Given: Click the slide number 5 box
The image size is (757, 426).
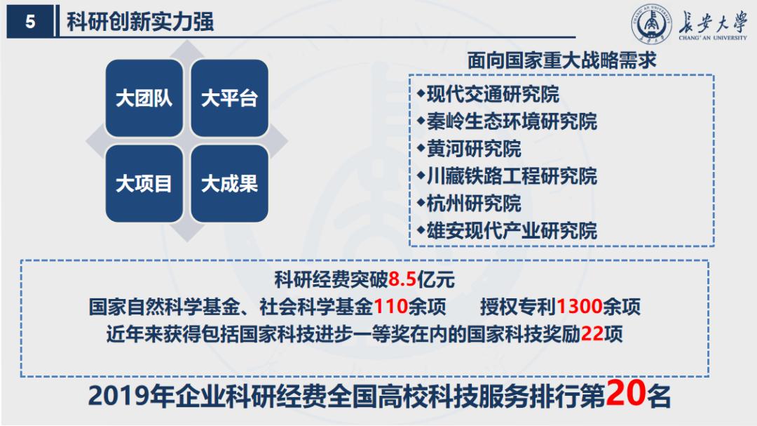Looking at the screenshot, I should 30,22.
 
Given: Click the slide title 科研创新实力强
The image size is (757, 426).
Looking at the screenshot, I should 140,22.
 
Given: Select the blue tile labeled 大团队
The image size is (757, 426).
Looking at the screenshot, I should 144,98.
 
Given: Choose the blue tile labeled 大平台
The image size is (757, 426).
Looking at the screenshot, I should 229,98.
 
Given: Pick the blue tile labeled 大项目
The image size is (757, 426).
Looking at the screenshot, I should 144,184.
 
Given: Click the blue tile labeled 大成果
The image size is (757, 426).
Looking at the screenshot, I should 229,184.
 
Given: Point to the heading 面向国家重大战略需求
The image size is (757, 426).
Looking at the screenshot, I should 561,61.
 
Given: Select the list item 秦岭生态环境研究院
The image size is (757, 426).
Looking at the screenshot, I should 512,121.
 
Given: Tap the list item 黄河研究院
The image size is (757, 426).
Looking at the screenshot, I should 474,149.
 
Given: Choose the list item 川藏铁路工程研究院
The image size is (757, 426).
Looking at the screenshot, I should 512,176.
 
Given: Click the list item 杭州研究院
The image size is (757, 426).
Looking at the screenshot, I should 474,204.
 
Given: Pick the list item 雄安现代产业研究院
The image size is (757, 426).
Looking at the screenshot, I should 512,231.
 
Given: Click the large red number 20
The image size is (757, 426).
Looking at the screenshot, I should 625,394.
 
